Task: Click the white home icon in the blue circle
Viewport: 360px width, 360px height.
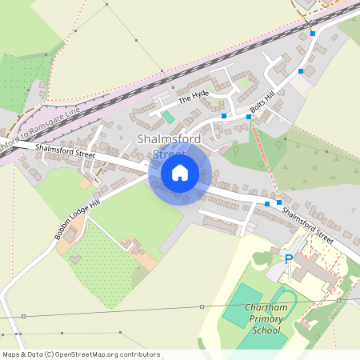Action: [x=180, y=172]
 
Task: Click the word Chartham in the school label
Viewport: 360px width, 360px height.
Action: [x=266, y=309]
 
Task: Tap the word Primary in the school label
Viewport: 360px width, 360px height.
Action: [x=266, y=319]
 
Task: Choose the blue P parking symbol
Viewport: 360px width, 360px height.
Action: [x=289, y=258]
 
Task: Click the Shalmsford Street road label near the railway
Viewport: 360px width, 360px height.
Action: [x=64, y=151]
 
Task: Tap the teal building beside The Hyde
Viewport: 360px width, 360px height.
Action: [x=168, y=117]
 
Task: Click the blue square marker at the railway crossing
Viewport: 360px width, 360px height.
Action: [x=313, y=34]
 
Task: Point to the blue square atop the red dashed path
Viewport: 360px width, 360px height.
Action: [x=249, y=117]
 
